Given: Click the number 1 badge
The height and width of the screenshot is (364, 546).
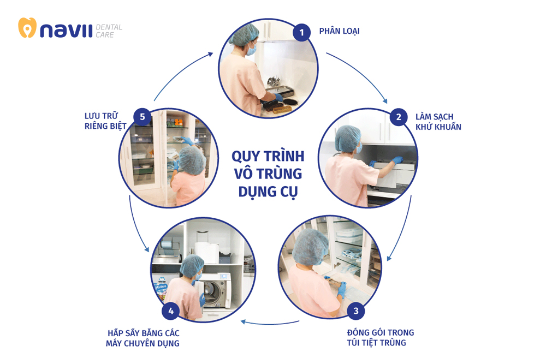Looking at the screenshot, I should tap(301, 32).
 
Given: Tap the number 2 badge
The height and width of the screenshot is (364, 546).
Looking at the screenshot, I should tap(399, 117).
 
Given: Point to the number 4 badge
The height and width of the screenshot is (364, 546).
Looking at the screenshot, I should tap(171, 311).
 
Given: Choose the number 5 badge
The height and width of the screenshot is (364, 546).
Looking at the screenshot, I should tap(143, 116).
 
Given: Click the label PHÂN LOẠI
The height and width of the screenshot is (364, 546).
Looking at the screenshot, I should tap(339, 31).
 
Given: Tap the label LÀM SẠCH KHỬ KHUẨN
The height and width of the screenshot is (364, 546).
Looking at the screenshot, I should tap(438, 122).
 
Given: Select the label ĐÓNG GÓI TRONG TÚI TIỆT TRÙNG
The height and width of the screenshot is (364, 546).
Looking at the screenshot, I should tap(381, 337).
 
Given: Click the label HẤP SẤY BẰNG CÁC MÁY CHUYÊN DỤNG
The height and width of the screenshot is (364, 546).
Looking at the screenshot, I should tap(143, 338).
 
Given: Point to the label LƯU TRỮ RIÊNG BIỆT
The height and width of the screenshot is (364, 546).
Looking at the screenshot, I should tap(105, 121).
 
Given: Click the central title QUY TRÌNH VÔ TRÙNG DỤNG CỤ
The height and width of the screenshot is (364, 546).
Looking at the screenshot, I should tap(268, 174).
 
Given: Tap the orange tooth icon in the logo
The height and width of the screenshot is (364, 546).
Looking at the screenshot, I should tap(27, 28).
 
